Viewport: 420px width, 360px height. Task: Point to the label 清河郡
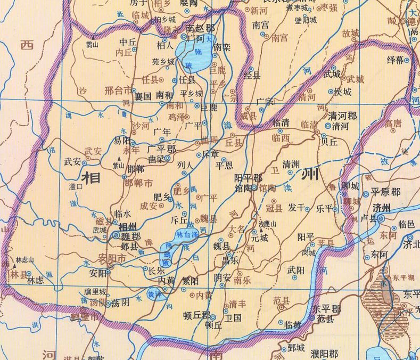click(342, 116)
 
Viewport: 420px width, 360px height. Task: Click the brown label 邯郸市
click(137, 183)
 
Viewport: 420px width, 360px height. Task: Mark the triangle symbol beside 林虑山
click(13, 265)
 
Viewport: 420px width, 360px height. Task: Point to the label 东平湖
click(403, 277)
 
